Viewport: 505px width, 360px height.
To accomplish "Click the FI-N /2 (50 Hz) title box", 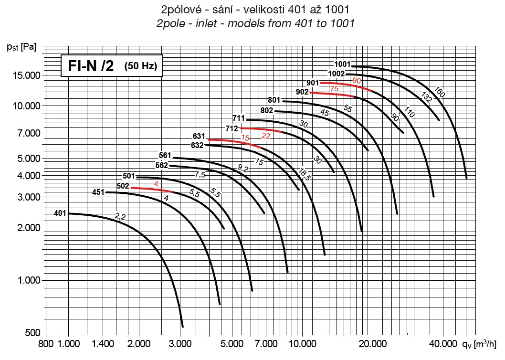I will [112, 66].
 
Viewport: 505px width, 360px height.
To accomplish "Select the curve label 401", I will [60, 213].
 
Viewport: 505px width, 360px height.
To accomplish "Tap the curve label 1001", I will [342, 64].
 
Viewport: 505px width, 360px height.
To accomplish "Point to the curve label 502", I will [123, 186].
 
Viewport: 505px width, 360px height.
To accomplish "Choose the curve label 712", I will [232, 128].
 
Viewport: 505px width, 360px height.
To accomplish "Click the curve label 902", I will [302, 92].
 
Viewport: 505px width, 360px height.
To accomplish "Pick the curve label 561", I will [165, 155].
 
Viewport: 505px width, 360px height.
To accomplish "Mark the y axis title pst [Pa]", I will [22, 47].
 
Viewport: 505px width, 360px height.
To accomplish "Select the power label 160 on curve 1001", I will [440, 93].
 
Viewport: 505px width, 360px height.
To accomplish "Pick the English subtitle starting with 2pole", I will [255, 23].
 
